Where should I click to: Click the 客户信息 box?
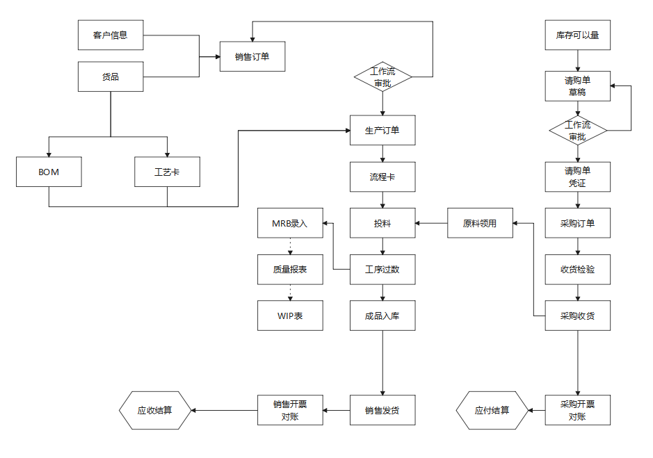point(111,35)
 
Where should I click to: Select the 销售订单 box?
point(252,57)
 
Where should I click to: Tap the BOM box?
point(49,172)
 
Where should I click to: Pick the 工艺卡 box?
point(167,172)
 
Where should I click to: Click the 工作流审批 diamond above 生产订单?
point(382,76)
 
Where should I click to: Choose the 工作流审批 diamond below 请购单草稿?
point(578,131)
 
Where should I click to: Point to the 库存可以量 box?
point(577,35)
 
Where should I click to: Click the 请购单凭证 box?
point(577,177)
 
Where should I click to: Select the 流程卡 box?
point(382,177)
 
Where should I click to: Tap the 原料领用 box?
point(480,223)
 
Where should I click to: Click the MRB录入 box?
point(290,223)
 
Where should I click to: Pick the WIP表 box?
point(290,316)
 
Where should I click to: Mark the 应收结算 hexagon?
point(154,410)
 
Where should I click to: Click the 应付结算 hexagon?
point(492,410)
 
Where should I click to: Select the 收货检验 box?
point(577,269)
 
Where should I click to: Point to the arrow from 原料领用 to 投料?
point(431,223)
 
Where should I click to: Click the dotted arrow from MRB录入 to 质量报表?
point(290,246)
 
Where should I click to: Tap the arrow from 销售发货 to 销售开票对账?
point(337,410)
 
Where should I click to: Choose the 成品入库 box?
point(382,316)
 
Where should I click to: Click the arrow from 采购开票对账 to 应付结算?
point(536,410)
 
